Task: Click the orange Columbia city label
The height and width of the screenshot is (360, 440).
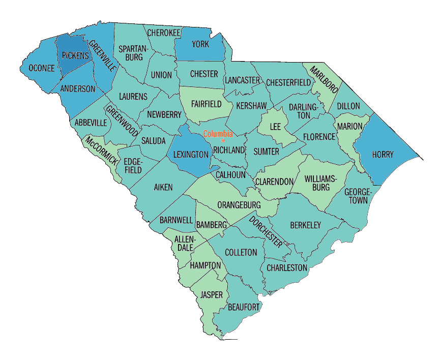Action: point(218,134)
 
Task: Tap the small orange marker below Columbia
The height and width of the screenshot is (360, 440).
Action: point(223,140)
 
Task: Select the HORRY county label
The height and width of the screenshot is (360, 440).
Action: point(383,155)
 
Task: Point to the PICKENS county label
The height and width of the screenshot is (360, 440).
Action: point(75,55)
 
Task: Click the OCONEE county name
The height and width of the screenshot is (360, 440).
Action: point(41,69)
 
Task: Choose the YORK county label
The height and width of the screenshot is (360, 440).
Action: point(200,44)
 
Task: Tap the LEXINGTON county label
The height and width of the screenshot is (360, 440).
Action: point(191,154)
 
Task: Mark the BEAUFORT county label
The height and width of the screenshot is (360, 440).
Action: point(244,307)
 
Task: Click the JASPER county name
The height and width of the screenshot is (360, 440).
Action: point(211,294)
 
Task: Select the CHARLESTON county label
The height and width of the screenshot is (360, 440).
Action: point(287,267)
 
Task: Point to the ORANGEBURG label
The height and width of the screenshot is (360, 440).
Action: point(239,205)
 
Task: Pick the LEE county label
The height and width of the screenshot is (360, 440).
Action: point(275,126)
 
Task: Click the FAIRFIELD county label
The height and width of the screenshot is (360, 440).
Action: point(207,104)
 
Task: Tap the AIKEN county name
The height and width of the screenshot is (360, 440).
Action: point(163,187)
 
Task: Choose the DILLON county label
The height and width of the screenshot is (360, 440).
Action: point(348,106)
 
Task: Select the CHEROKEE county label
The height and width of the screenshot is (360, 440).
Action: point(164,33)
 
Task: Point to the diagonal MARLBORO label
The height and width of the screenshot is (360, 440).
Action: point(324,79)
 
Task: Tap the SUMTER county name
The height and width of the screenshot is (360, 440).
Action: point(266,152)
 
